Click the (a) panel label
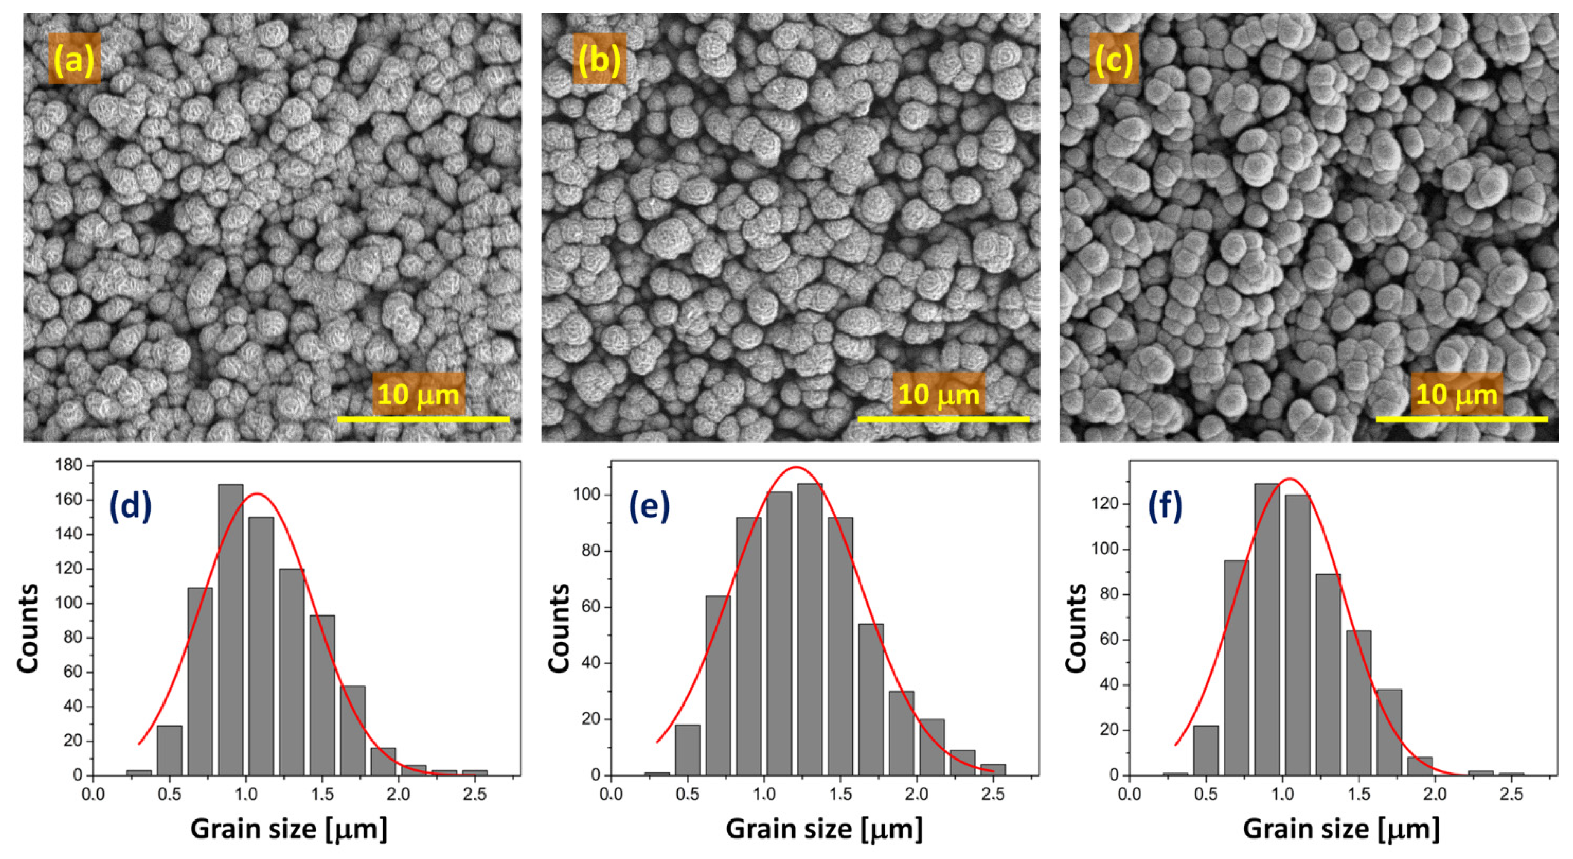74,59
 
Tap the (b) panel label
599,59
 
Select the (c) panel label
1114,59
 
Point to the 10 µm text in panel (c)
1456,395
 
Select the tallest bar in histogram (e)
810,629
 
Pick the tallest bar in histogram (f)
1267,629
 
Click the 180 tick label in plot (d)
68,465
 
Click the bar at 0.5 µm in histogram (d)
169,750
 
